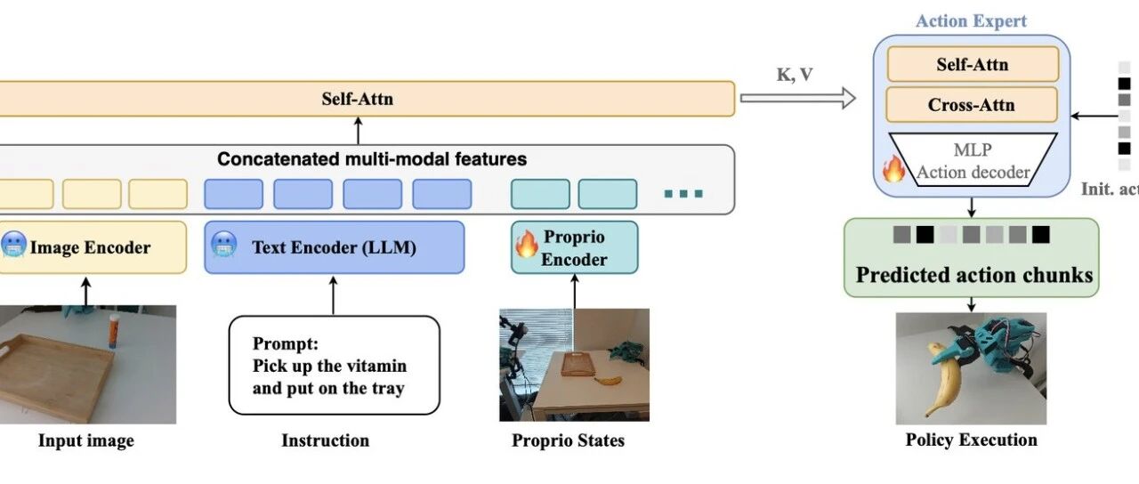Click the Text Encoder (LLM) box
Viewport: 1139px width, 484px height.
(334, 247)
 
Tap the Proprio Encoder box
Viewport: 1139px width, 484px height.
(574, 247)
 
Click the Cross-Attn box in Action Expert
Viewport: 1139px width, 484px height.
(971, 104)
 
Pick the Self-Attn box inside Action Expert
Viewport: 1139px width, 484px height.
(971, 64)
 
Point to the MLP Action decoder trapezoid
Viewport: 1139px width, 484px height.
(973, 160)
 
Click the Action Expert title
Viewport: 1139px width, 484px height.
(971, 21)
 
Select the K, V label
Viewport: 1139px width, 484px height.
(795, 75)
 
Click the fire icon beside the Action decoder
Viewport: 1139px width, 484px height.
(893, 168)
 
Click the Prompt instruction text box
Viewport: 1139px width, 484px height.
(334, 365)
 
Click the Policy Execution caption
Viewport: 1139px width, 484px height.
(971, 440)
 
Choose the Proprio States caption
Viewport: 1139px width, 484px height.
(568, 440)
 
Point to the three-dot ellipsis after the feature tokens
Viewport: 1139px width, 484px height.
(683, 193)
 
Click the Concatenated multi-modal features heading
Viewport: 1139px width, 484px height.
(372, 160)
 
